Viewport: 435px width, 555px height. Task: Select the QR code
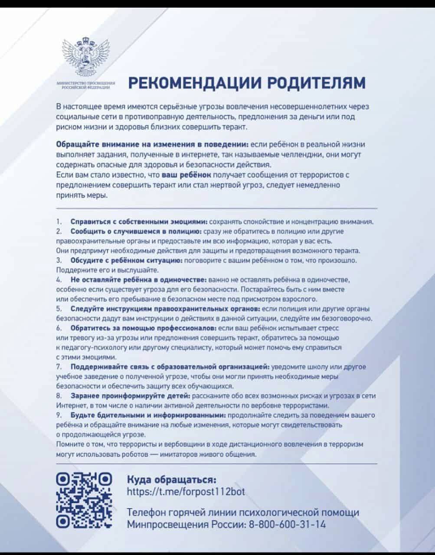85,501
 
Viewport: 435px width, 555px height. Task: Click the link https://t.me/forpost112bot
186,492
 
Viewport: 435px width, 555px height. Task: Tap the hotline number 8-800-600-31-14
287,524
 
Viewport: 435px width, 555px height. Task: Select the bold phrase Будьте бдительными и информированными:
148,415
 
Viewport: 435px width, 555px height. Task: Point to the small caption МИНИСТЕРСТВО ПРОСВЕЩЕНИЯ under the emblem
85,82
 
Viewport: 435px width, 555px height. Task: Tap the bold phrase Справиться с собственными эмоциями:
137,222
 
